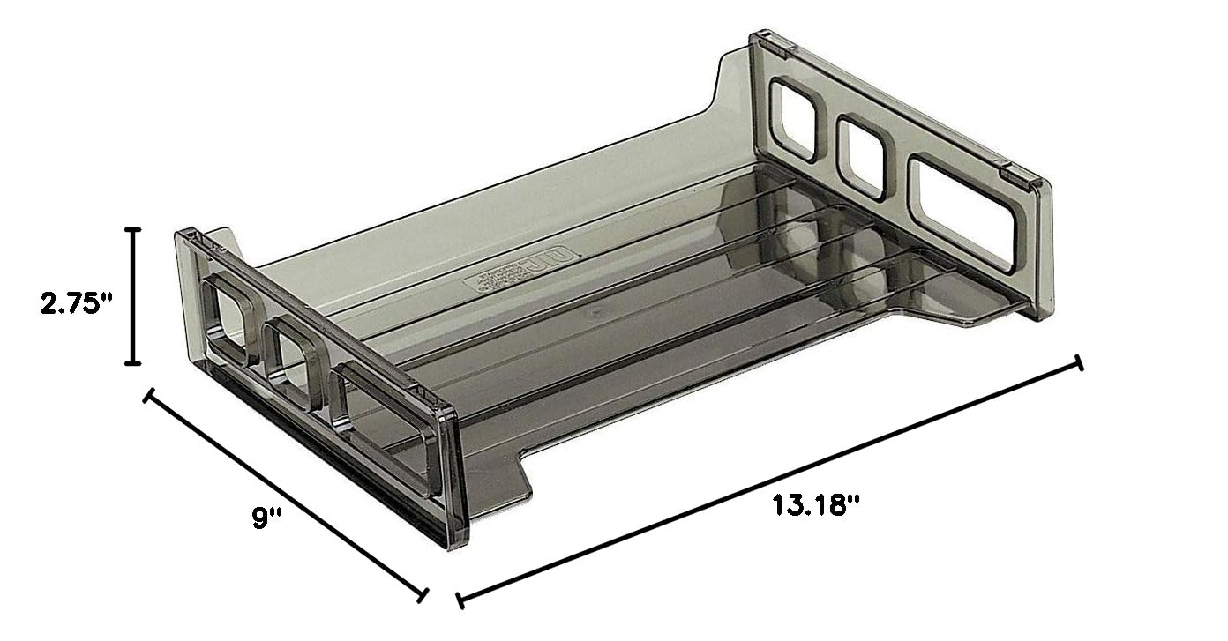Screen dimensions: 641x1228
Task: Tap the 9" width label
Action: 266,518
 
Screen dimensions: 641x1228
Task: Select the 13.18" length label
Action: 816,505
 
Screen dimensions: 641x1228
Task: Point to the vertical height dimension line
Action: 133,295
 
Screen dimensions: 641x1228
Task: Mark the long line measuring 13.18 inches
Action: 768,482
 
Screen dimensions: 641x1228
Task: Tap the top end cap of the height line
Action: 133,230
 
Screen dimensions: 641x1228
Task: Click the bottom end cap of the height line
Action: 133,361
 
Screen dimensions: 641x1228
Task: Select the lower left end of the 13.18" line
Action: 460,600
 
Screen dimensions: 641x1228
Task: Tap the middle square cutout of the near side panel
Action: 294,362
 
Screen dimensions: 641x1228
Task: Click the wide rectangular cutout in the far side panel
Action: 962,211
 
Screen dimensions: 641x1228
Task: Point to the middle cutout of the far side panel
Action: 861,156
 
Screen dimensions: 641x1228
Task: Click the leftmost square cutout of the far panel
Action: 793,120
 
